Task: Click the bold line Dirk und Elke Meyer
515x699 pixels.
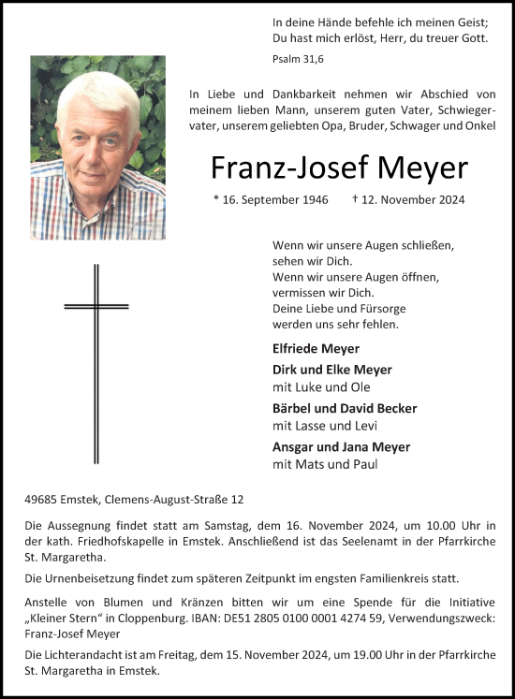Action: point(332,370)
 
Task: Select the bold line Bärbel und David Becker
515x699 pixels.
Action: point(345,408)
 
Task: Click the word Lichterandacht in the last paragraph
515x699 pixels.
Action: point(89,656)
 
